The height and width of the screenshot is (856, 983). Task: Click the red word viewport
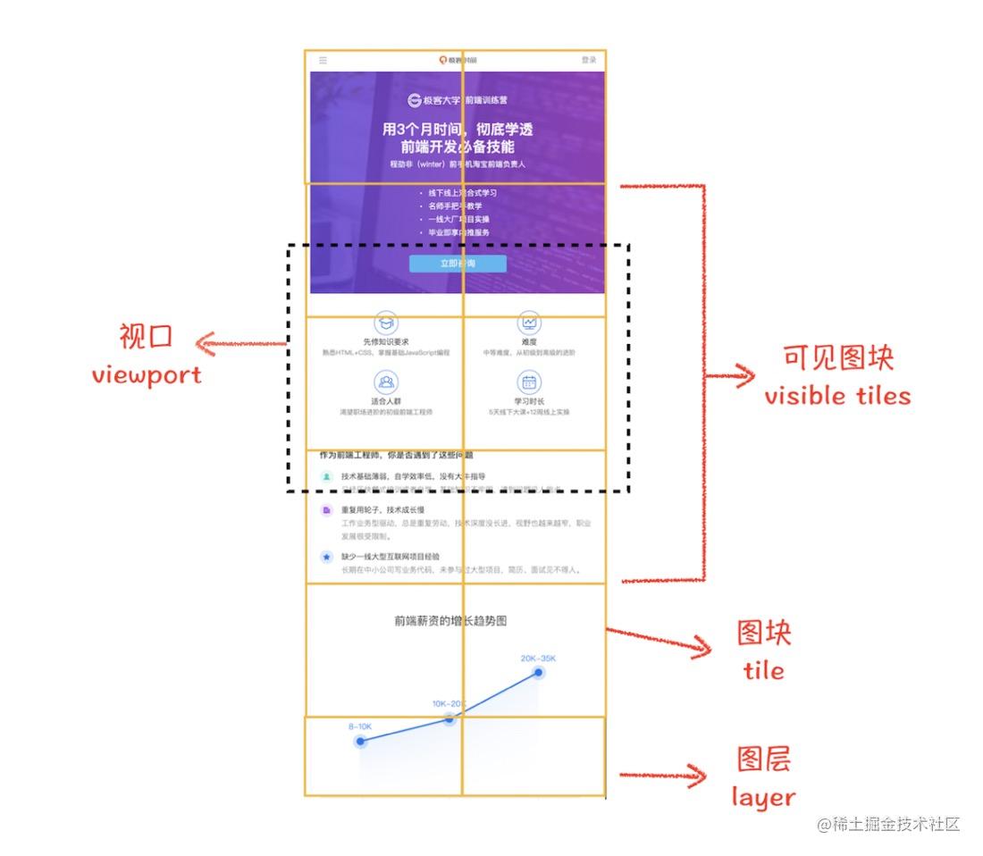147,374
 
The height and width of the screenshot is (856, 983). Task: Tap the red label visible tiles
837,396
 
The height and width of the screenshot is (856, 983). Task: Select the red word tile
763,670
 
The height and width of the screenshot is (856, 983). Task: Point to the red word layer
763,796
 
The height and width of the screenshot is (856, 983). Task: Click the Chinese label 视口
146,337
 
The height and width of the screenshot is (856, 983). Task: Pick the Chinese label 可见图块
837,358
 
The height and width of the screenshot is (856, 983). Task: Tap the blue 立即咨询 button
458,264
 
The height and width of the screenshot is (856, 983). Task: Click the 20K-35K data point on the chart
539,673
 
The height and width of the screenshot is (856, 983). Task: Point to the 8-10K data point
360,742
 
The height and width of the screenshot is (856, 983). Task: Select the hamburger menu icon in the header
323,61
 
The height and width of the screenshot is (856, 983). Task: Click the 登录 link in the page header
589,60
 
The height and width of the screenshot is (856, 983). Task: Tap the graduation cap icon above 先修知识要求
386,323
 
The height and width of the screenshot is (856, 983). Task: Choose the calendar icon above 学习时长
529,383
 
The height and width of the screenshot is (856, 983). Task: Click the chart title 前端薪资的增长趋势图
456,620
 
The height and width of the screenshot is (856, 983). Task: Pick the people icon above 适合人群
386,383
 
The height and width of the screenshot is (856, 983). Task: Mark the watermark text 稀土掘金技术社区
895,824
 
